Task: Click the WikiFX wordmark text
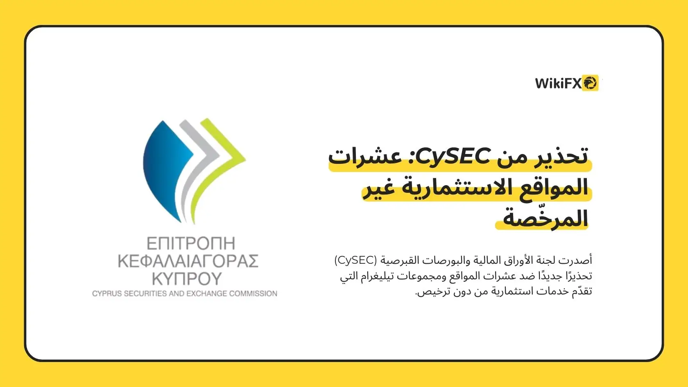pyautogui.click(x=558, y=83)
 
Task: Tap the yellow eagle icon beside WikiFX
pyautogui.click(x=590, y=83)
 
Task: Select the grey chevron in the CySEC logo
pyautogui.click(x=197, y=166)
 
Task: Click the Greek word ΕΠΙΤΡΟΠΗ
pyautogui.click(x=191, y=244)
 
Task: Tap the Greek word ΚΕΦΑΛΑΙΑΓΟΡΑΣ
pyautogui.click(x=188, y=261)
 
